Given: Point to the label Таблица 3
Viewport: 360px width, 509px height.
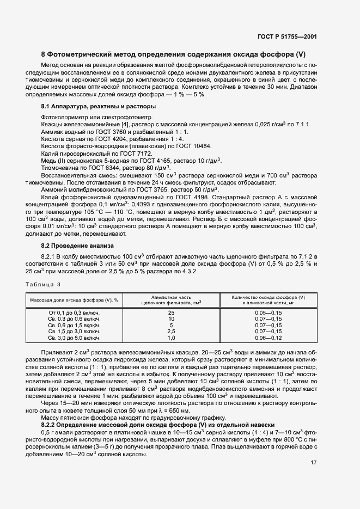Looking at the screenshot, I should click(44, 285).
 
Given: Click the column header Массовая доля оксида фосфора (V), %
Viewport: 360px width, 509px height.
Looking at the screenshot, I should click(74, 300).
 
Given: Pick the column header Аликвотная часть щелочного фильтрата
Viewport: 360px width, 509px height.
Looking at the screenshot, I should click(171, 300).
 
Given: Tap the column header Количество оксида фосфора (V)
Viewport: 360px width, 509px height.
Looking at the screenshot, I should click(268, 300).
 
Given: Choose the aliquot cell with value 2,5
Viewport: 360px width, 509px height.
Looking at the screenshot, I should click(171, 332).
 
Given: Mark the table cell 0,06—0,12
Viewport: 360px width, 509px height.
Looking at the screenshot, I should click(268, 338).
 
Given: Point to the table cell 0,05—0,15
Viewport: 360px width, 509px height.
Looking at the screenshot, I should click(268, 313).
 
